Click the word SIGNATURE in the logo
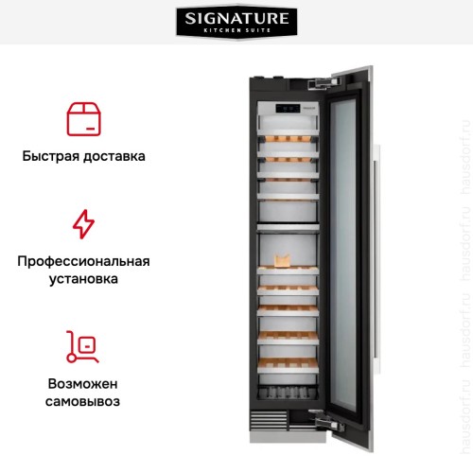coord(236,18)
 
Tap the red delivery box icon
coord(84,117)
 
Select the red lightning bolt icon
coord(84,224)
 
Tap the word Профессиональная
coord(83,261)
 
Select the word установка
coord(83,280)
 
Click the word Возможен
coord(83,384)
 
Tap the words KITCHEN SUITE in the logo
coord(236,30)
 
